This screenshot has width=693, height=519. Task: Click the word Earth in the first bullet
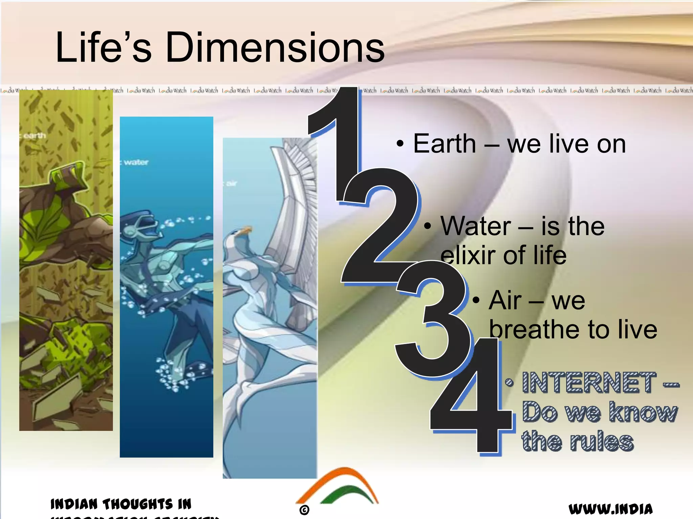coord(444,144)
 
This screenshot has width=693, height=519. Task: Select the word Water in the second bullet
coord(475,226)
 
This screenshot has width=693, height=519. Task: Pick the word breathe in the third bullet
coord(535,329)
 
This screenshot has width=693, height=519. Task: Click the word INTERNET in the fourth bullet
coord(589,383)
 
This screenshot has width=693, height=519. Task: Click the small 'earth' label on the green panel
coord(34,136)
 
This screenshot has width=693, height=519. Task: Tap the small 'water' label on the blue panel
coord(135,163)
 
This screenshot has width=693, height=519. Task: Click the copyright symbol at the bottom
coord(304,510)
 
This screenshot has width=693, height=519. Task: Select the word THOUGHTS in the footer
coord(138,504)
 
